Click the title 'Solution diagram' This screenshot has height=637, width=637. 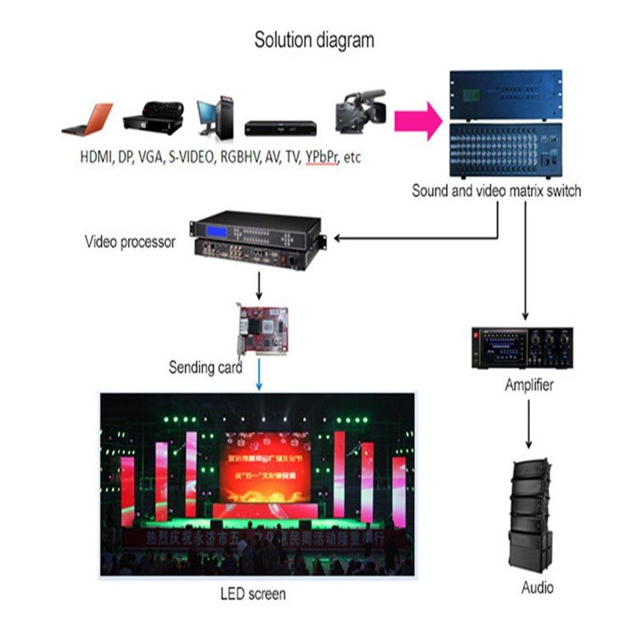click(314, 40)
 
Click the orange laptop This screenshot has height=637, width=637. click(88, 120)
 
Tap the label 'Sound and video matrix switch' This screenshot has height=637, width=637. click(496, 191)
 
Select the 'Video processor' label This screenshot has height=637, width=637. click(130, 242)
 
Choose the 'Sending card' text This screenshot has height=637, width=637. click(205, 369)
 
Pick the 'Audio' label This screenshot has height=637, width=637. click(537, 588)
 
